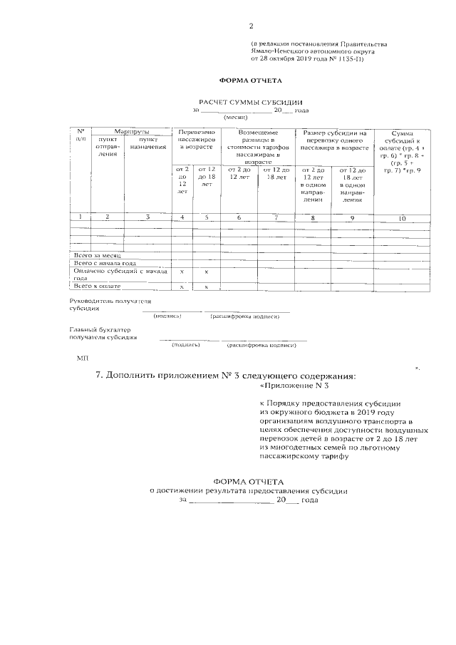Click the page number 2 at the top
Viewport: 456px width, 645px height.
point(251,26)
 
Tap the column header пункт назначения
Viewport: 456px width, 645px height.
point(148,143)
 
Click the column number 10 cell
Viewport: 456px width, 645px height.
point(402,217)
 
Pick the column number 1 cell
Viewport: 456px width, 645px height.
point(81,217)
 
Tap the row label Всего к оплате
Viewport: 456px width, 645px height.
point(98,286)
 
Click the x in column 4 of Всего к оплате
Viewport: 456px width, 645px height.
point(182,287)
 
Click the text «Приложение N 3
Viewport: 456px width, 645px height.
point(294,386)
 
